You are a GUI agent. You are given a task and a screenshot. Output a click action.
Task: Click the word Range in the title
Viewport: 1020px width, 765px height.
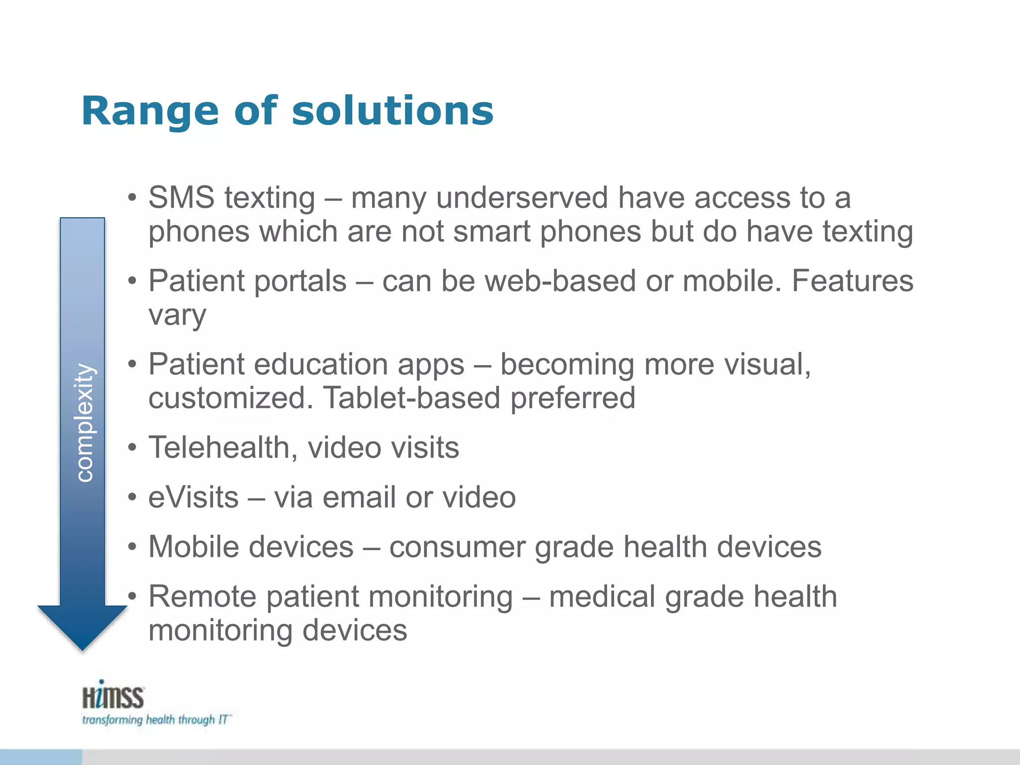(x=150, y=112)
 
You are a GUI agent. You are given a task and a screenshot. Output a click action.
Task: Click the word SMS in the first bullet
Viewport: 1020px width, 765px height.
(x=181, y=197)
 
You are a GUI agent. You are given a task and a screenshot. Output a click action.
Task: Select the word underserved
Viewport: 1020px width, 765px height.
(x=521, y=197)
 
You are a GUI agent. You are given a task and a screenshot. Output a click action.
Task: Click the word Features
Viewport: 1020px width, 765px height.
(x=852, y=281)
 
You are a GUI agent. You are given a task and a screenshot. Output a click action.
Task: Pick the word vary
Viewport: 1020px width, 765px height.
(x=177, y=316)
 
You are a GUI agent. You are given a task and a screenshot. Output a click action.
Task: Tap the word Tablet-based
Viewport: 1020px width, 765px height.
(x=411, y=397)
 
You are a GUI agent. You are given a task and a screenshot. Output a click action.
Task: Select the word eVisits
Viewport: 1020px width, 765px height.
(x=193, y=497)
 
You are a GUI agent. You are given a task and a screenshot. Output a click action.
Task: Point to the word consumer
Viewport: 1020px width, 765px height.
(x=457, y=547)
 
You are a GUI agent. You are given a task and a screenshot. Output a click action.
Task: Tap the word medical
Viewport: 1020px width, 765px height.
(x=602, y=597)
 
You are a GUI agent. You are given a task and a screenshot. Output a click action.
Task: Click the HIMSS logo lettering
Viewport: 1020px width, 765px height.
(x=113, y=696)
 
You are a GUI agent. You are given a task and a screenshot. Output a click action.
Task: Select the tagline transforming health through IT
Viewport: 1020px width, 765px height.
(x=155, y=720)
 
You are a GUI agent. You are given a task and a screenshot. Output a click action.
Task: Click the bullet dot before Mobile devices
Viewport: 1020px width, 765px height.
(x=131, y=547)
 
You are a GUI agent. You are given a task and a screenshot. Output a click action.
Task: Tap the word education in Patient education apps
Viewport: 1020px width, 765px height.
(x=321, y=364)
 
